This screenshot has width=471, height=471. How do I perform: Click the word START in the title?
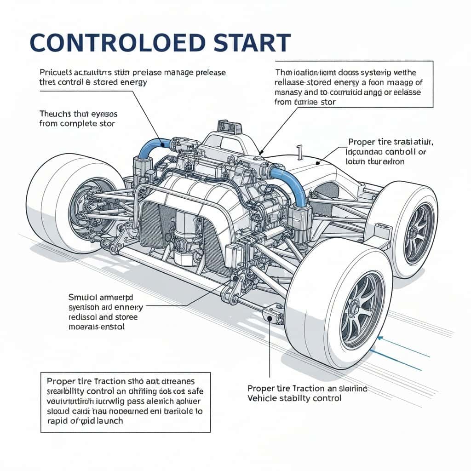tap(248, 42)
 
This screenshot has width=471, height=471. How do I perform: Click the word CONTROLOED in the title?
tap(117, 42)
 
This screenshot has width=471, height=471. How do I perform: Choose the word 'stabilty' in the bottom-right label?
tap(299, 398)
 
